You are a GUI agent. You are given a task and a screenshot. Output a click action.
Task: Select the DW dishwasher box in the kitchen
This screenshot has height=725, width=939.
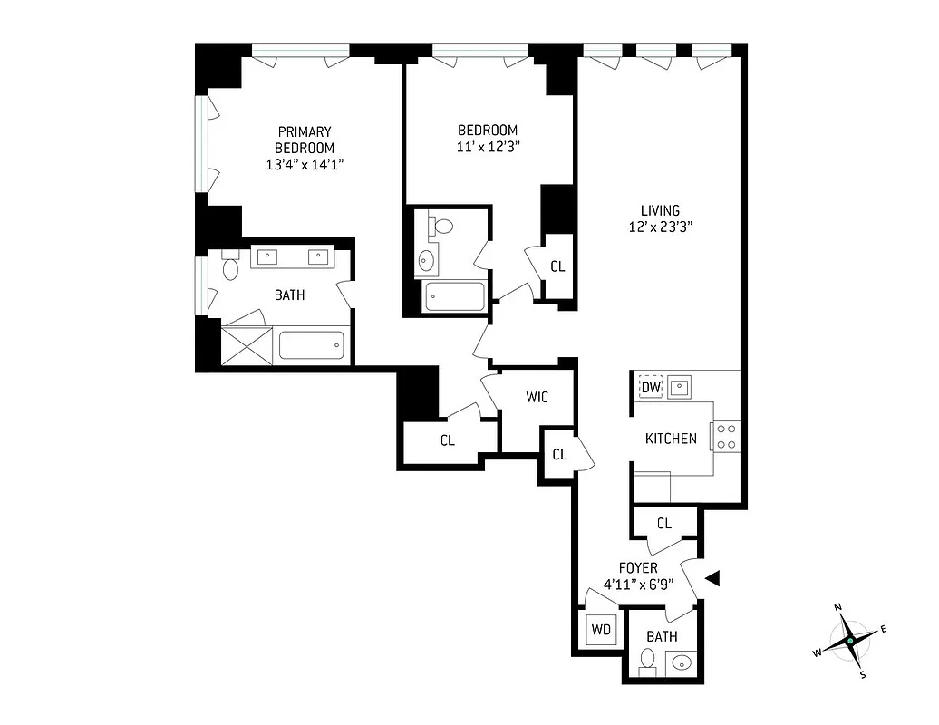point(651,388)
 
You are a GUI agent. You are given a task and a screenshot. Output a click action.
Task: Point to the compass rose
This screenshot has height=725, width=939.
point(849,640)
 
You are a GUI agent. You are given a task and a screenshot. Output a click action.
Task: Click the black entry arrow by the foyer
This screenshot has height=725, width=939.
point(712,577)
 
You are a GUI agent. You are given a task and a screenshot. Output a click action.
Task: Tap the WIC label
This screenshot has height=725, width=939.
point(537,397)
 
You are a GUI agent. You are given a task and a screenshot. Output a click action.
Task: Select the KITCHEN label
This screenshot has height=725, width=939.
point(671,439)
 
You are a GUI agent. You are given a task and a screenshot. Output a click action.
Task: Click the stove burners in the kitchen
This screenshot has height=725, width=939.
point(726,437)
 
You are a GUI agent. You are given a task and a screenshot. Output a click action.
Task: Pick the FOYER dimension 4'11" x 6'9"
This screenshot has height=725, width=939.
point(639,584)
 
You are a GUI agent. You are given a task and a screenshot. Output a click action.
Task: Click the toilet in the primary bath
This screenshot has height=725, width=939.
point(230,267)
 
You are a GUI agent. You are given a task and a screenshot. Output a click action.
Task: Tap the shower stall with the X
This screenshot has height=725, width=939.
point(247,345)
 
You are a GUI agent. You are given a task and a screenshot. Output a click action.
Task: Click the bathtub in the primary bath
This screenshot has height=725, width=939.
point(311,346)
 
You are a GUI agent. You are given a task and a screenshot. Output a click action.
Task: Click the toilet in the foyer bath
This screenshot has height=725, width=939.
point(648,660)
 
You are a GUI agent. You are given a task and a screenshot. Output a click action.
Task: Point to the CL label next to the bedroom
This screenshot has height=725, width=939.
point(557,266)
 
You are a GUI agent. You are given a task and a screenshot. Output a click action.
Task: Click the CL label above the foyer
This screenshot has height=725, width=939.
point(663,523)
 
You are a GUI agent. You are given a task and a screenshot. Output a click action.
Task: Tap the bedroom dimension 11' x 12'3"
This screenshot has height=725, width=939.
point(488,145)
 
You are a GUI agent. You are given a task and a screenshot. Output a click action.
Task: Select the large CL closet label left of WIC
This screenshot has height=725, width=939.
point(447,440)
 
